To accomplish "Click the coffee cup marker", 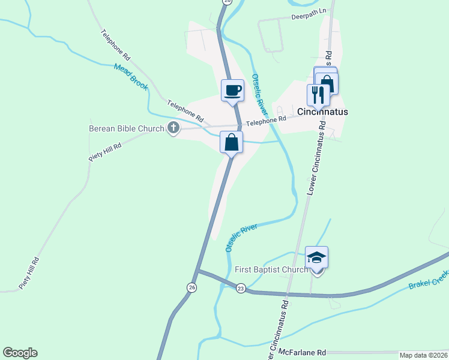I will coord(233,91).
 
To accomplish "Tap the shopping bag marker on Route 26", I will coord(232,143).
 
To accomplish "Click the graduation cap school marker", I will coord(316,258).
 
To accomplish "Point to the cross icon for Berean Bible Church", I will coord(173,128).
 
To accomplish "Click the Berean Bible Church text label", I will coord(126,128).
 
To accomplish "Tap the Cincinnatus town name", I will coord(323,112).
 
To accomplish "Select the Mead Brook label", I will coord(130,77).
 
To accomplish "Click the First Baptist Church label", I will coord(271,270).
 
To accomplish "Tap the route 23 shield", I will coord(241,288).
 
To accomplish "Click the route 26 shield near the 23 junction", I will coord(191,287).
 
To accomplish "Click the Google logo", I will coord(20,353).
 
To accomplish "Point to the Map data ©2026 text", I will coord(423,355).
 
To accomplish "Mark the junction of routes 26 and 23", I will coord(199,271).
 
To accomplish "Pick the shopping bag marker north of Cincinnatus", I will coord(327,82).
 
